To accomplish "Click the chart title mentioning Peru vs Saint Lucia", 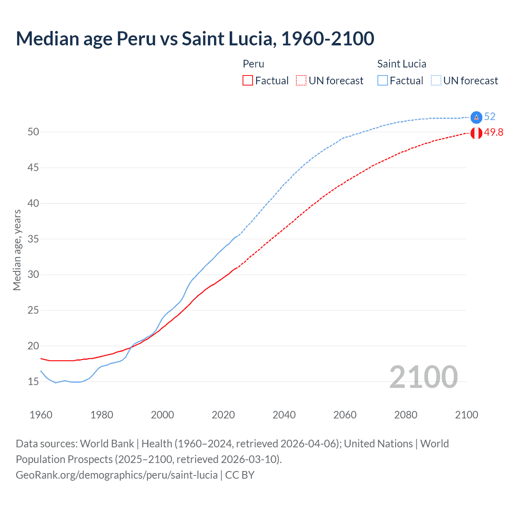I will (195, 39).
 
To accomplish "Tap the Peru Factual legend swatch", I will (248, 80).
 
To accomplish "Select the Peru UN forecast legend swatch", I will (301, 80).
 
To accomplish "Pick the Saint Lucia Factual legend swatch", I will (383, 80).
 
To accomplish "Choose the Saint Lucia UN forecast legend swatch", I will (436, 80).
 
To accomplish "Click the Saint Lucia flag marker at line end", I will (476, 117).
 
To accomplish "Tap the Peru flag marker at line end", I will (476, 133).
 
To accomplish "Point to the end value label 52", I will (490, 116).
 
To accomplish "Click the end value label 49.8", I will (494, 132).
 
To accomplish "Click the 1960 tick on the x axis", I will (41, 415).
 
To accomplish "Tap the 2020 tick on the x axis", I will (223, 415).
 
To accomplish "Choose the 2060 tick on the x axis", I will (345, 415).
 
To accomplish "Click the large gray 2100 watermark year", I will (423, 377).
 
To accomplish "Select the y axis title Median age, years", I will (17, 250).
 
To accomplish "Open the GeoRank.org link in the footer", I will (116, 475).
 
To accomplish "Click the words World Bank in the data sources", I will (107, 444).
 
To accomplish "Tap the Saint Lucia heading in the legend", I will (402, 64).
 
